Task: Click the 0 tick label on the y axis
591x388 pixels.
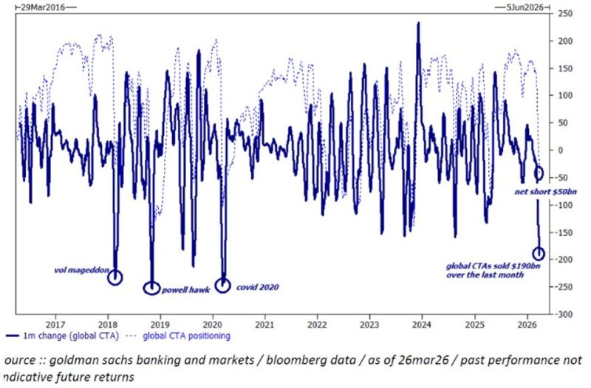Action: pos(561,150)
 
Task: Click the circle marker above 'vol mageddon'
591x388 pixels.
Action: pos(115,277)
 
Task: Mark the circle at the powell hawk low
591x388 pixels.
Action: pos(151,288)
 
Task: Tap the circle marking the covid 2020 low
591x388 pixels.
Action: pos(223,285)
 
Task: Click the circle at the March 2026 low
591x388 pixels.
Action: pos(539,253)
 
